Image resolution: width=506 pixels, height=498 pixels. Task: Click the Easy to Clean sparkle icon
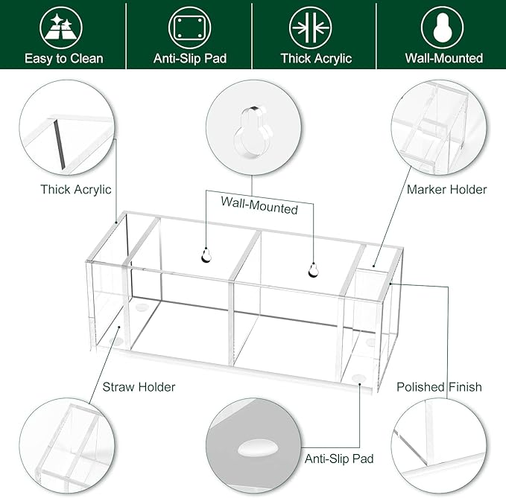pyautogui.click(x=61, y=28)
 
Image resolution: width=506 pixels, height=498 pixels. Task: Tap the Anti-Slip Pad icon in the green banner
pyautogui.click(x=190, y=28)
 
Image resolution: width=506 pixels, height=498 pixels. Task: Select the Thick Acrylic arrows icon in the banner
pyautogui.click(x=311, y=28)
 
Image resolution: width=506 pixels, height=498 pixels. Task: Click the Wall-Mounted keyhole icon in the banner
pyautogui.click(x=442, y=28)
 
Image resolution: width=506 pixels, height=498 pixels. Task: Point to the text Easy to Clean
pyautogui.click(x=64, y=59)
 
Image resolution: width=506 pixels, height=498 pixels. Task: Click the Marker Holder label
pyautogui.click(x=446, y=190)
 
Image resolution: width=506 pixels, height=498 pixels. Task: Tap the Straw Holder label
pyautogui.click(x=139, y=387)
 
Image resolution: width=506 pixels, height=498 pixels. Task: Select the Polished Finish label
pyautogui.click(x=439, y=387)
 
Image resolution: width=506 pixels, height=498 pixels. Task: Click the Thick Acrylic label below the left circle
pyautogui.click(x=76, y=190)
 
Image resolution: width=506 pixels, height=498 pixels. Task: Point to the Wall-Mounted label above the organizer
pyautogui.click(x=259, y=205)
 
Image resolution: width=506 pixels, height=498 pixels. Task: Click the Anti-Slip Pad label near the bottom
pyautogui.click(x=339, y=459)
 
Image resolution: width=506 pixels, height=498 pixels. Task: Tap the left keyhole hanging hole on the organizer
pyautogui.click(x=206, y=255)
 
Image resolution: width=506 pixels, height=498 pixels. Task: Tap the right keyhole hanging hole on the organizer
pyautogui.click(x=313, y=270)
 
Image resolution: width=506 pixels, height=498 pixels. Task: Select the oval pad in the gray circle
pyautogui.click(x=258, y=448)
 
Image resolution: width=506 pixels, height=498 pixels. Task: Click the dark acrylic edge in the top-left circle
pyautogui.click(x=60, y=144)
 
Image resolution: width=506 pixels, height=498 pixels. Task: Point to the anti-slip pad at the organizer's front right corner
pyautogui.click(x=358, y=377)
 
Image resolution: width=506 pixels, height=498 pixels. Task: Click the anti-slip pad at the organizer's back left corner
pyautogui.click(x=142, y=307)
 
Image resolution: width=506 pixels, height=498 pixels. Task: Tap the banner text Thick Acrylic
pyautogui.click(x=316, y=59)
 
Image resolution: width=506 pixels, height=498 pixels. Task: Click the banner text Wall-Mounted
pyautogui.click(x=444, y=58)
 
